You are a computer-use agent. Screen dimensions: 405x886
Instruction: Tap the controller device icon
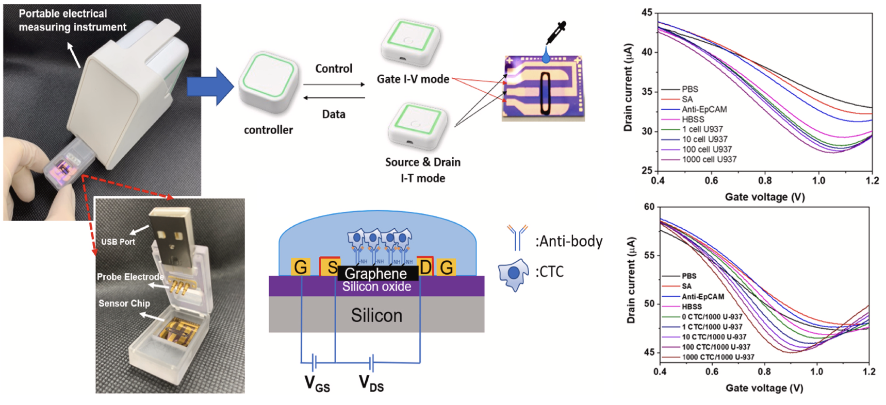pos(269,82)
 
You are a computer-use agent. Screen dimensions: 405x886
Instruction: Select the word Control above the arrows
pos(334,69)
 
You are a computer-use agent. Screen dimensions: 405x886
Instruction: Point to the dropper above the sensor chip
pos(555,36)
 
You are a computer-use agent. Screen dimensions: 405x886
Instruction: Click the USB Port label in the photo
pos(118,242)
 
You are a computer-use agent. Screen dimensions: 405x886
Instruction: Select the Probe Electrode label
pos(130,277)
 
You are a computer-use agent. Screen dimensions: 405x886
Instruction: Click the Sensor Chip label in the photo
pos(124,303)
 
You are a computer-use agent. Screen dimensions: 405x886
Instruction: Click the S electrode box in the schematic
pos(330,267)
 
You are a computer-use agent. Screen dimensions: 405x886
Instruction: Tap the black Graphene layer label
pos(376,273)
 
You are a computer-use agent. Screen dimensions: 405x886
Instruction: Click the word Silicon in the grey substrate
pos(376,315)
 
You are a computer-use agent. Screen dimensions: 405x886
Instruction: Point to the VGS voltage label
pos(317,383)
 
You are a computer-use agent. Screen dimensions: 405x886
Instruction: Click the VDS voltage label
pos(371,383)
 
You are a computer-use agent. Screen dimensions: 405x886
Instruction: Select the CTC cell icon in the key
pos(514,274)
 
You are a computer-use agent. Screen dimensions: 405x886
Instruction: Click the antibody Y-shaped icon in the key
pos(517,237)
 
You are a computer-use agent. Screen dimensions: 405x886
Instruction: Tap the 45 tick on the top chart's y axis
pos(647,12)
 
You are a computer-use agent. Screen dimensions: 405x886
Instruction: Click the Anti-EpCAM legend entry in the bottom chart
pos(703,297)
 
